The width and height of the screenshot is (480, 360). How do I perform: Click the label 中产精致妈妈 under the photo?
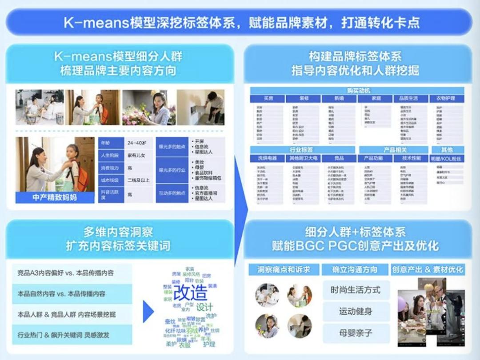[x=55, y=197]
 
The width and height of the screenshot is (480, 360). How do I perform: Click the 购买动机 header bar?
[x=356, y=91]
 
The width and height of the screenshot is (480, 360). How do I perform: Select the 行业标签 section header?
[x=302, y=150]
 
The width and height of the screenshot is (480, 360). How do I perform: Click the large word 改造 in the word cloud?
[x=190, y=292]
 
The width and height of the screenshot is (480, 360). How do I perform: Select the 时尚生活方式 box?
[x=356, y=290]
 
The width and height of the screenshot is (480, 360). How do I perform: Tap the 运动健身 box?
[x=356, y=311]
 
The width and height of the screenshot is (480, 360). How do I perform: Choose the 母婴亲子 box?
[x=356, y=333]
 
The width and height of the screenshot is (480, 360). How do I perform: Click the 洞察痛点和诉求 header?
[x=283, y=269]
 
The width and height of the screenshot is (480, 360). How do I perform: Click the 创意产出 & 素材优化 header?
[x=428, y=269]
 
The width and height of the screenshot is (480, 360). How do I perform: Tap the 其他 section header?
[x=447, y=150]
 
